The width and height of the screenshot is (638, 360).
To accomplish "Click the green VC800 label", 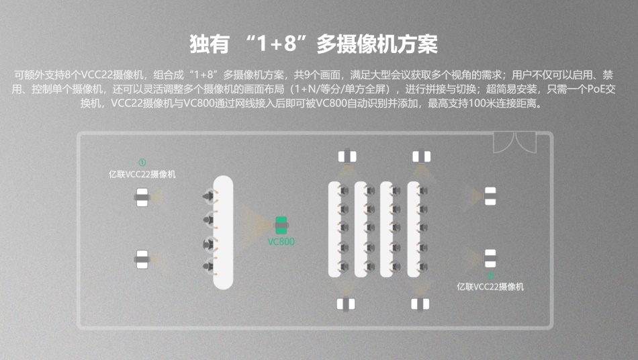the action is [x=281, y=242].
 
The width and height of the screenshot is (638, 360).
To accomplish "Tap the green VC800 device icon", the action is [x=281, y=226].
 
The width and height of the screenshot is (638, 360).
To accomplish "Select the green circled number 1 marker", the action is [x=142, y=163].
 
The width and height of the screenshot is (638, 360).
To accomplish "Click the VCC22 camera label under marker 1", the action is [x=142, y=175].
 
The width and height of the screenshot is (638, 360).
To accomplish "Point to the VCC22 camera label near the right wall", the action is [x=490, y=287].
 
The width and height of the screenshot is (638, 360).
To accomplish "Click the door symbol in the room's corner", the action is [x=514, y=142].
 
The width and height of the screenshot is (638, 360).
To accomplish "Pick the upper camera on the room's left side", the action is [x=142, y=197].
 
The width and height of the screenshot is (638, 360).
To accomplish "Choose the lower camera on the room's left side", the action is [x=142, y=259].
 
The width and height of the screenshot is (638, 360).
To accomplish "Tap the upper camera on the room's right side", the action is [x=490, y=196].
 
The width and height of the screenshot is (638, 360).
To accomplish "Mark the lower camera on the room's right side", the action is [x=490, y=259].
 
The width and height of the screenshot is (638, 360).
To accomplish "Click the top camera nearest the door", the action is [x=422, y=157].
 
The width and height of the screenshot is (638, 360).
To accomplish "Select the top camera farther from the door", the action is [x=347, y=157].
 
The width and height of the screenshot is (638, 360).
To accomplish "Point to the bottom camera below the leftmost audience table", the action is [x=346, y=304].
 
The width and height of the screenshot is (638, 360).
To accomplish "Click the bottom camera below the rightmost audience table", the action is [x=420, y=304].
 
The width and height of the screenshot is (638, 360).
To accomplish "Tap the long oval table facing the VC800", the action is [x=223, y=232].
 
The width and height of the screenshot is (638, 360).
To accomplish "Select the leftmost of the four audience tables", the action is [x=334, y=230].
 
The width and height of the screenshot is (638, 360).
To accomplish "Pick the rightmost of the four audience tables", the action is [x=414, y=230].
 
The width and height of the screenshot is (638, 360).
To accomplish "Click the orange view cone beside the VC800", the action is [x=257, y=225].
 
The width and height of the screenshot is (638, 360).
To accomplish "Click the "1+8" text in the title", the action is [x=276, y=44].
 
